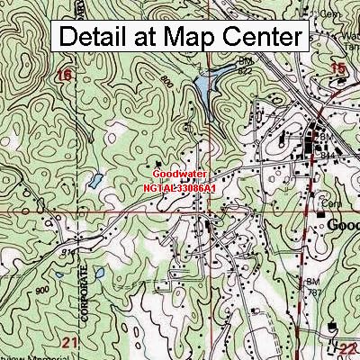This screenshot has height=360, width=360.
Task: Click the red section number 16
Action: (x=63, y=76)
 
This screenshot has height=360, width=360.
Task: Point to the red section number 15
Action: (x=338, y=69)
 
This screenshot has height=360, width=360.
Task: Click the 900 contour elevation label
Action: (x=42, y=291)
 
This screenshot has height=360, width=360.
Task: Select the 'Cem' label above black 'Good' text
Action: (x=330, y=204)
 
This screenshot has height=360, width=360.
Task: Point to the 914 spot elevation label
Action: (x=67, y=254)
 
